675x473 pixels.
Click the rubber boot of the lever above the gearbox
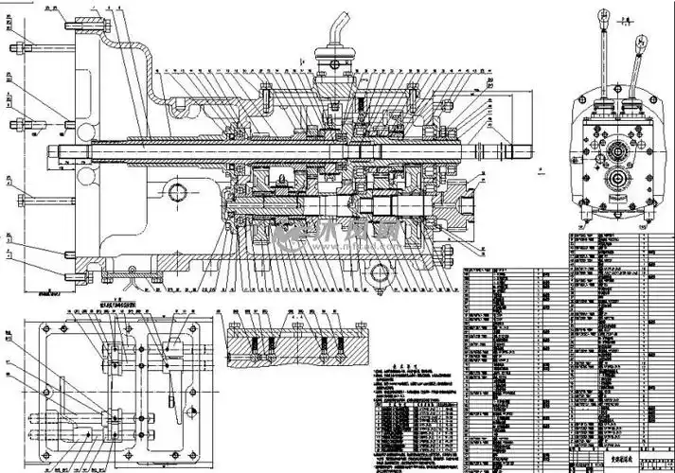(x=335, y=44)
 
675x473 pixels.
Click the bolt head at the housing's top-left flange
(x=22, y=46)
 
